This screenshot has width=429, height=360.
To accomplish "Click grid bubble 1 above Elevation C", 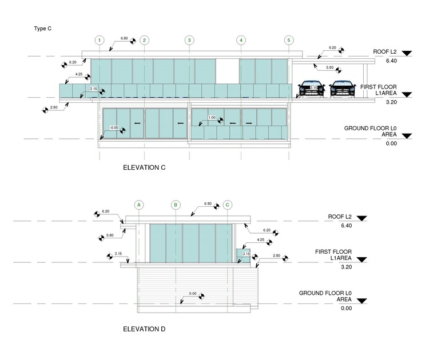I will pyautogui.click(x=100, y=40).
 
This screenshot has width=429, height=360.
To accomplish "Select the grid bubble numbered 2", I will pyautogui.click(x=144, y=40).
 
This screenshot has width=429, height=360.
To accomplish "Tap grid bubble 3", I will pyautogui.click(x=189, y=40).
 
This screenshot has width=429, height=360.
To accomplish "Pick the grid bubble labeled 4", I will pyautogui.click(x=241, y=40).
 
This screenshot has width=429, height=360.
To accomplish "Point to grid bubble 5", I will pyautogui.click(x=289, y=40).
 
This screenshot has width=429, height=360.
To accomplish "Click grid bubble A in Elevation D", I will pyautogui.click(x=138, y=204).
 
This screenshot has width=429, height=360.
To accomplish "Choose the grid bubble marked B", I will pyautogui.click(x=176, y=204).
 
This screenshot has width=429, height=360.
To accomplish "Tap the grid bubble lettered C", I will pyautogui.click(x=228, y=204).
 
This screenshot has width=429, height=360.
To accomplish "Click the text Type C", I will pyautogui.click(x=42, y=27).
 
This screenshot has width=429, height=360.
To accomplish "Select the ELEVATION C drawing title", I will pyautogui.click(x=144, y=168).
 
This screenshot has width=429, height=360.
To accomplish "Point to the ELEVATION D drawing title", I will pyautogui.click(x=145, y=329).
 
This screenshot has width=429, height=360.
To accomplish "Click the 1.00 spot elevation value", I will pyautogui.click(x=211, y=118).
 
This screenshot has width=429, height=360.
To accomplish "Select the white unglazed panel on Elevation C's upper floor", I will pyautogui.click(x=227, y=71).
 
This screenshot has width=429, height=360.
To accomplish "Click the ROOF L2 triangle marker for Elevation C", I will pyautogui.click(x=407, y=53).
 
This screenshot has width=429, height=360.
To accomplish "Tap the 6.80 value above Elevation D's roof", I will pyautogui.click(x=208, y=203).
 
